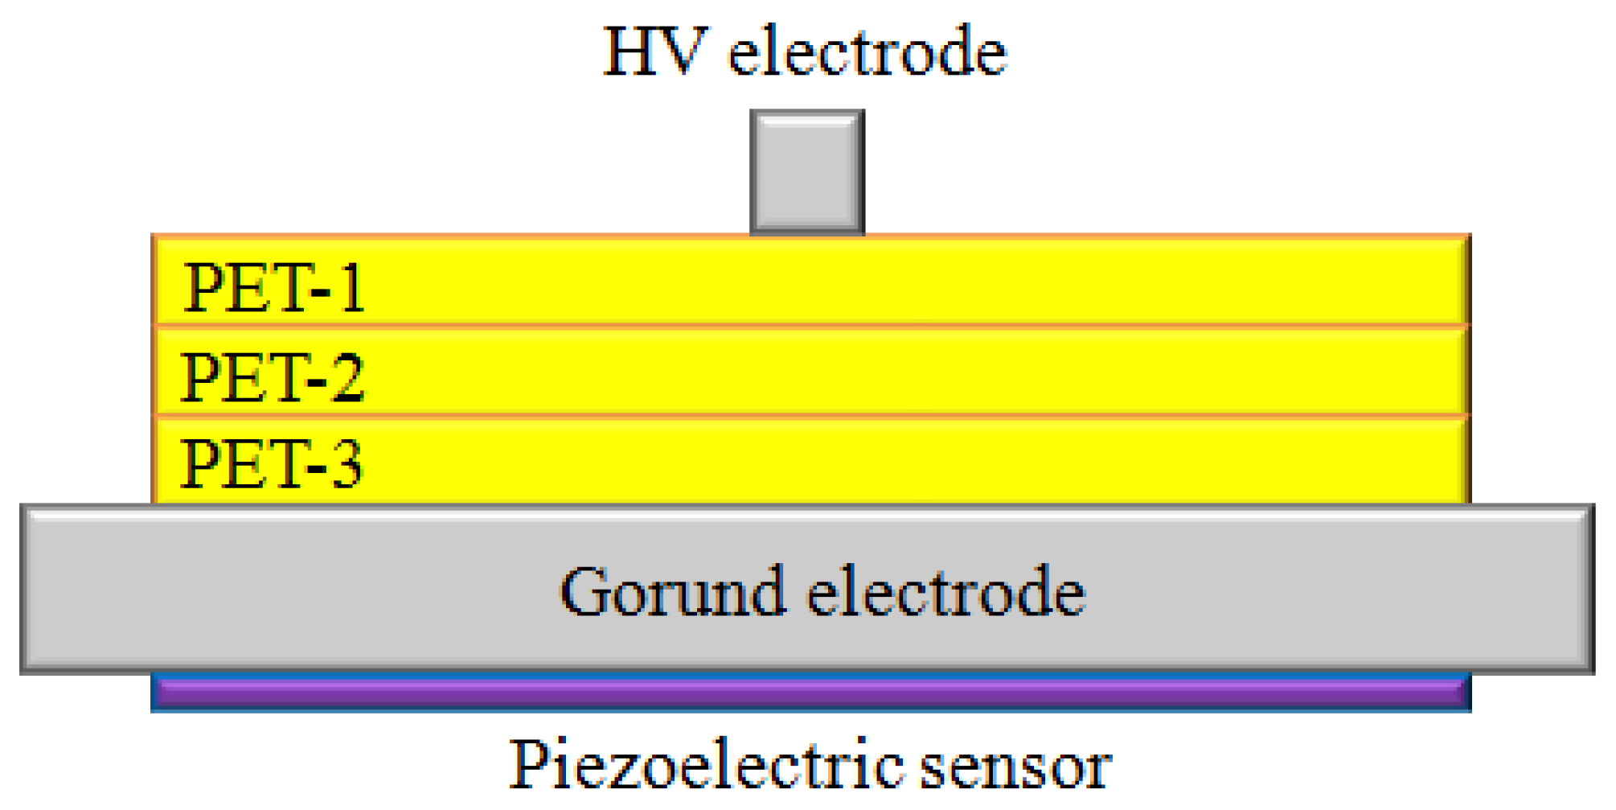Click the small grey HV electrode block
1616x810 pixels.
[807, 172]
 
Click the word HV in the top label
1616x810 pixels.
[655, 51]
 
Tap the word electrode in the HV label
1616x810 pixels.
[867, 51]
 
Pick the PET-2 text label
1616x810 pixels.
[273, 377]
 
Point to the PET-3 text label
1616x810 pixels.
[271, 464]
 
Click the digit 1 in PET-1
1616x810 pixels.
[351, 288]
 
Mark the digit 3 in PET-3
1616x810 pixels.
[347, 464]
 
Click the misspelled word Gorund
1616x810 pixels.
[672, 592]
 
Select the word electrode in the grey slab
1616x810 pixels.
[945, 592]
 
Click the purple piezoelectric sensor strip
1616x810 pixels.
[810, 693]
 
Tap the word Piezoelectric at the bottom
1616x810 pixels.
[706, 766]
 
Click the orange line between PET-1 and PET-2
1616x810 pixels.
[810, 326]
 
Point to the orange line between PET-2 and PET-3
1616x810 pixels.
[810, 415]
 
